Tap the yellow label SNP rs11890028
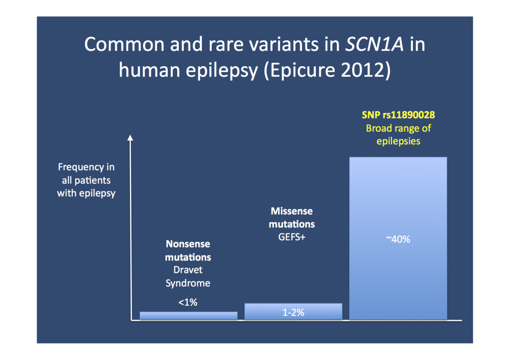tap(398, 115)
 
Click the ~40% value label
tap(398, 240)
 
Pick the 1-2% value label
tap(293, 313)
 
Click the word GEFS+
tap(292, 238)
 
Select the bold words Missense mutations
tap(292, 218)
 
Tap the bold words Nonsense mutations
tap(188, 251)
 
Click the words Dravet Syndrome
tap(188, 277)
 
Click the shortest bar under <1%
tap(188, 315)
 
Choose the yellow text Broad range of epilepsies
tap(398, 134)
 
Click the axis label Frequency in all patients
tap(86, 174)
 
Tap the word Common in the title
tap(123, 44)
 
